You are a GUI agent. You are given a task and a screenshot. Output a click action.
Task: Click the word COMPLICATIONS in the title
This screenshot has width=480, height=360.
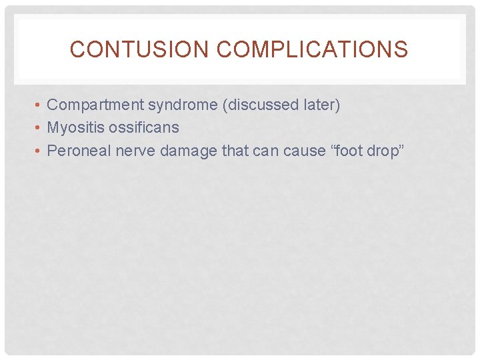coord(313,49)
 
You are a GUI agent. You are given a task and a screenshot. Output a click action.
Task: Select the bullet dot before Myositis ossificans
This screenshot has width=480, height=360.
coord(40,128)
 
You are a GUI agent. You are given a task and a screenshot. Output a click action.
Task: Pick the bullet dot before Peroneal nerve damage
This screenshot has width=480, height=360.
coord(40,151)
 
